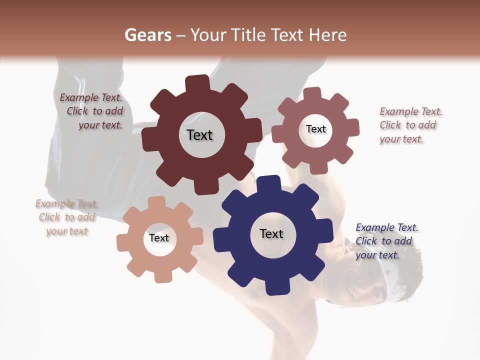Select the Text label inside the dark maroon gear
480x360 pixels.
point(199,135)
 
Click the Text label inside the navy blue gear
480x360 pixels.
point(271,234)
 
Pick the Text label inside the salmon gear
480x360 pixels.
point(159,238)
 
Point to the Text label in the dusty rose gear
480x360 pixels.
point(316,129)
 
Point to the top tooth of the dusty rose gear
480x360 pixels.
point(312,93)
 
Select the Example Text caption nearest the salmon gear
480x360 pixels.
point(67,217)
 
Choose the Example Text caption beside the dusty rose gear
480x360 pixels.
point(410,125)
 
